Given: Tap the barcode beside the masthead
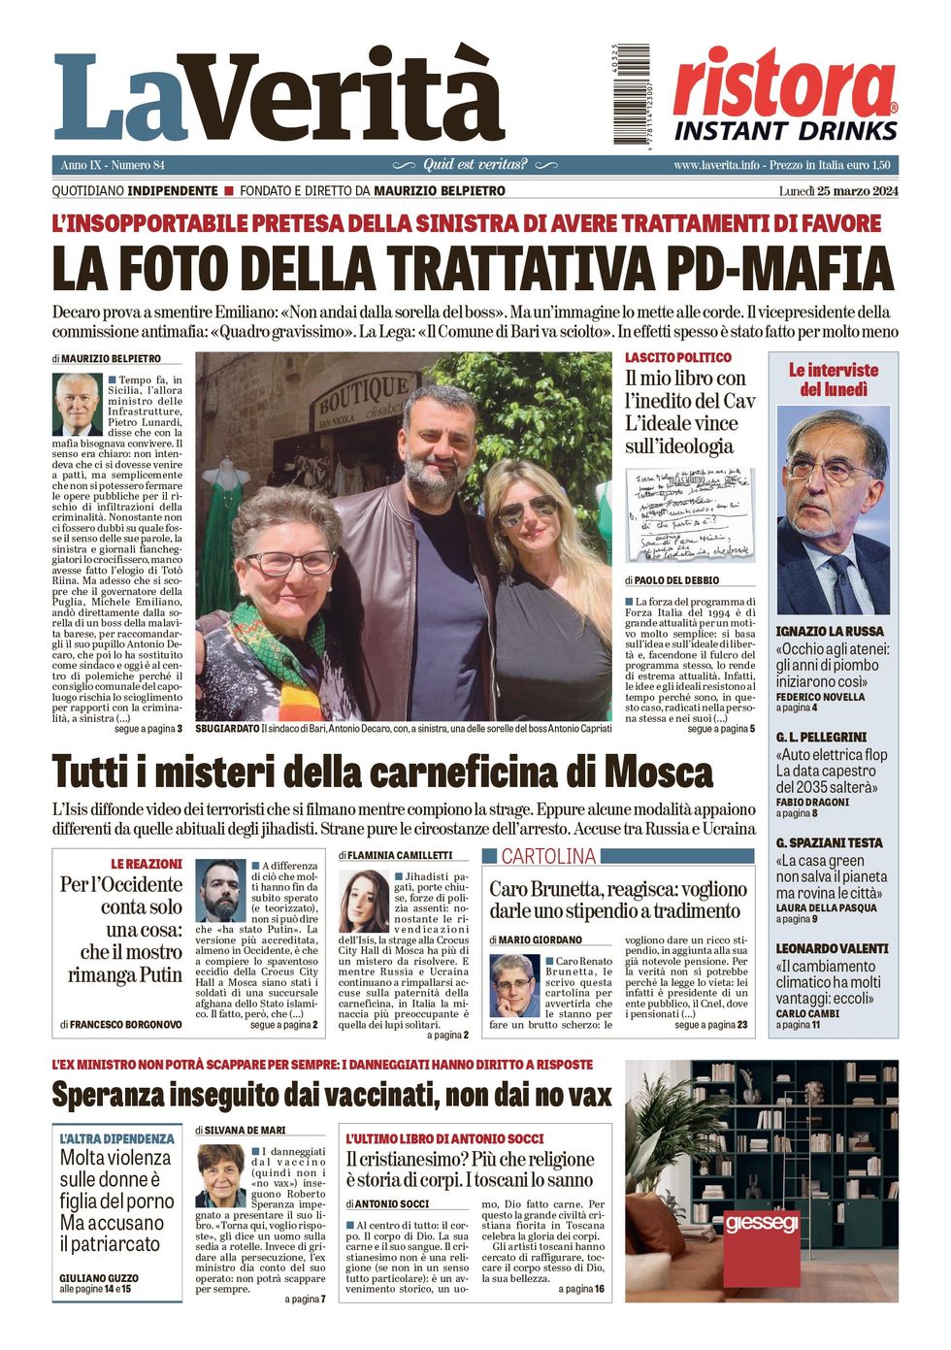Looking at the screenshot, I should click(x=632, y=94).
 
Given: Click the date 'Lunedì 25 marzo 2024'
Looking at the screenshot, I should click(x=837, y=191).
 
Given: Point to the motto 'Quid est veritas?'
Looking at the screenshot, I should click(x=475, y=165).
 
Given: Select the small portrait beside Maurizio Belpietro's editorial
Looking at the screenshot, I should click(x=77, y=404).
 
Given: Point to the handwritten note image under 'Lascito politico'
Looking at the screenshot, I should click(x=690, y=514).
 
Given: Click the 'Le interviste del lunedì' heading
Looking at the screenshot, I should click(x=833, y=379).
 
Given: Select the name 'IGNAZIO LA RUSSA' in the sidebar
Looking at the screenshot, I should click(x=830, y=632).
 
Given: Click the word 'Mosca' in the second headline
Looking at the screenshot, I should click(x=658, y=774).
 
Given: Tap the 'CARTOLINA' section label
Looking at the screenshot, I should click(x=548, y=856).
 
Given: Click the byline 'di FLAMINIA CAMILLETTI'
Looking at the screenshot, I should click(x=396, y=855).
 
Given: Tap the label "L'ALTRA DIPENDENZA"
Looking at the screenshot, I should click(x=116, y=1138).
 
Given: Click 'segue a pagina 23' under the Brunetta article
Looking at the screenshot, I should click(x=710, y=1025).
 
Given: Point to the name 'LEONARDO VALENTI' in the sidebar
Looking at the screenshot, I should click(x=832, y=948).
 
